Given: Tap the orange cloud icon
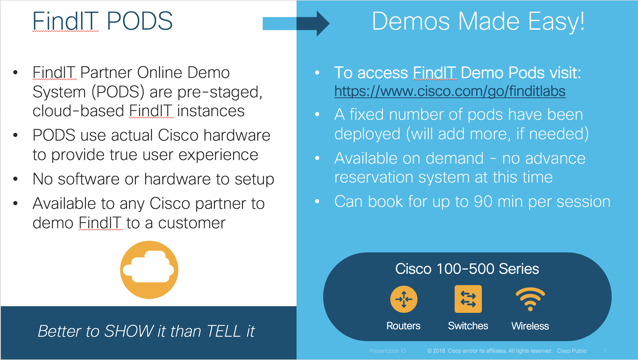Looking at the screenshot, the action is [149, 270].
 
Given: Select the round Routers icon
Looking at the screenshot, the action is [404, 299].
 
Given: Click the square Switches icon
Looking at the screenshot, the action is [468, 299].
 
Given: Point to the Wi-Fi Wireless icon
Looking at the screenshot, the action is [530, 299].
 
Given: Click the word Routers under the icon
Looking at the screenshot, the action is [403, 326].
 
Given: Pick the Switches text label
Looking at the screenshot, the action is [468, 326].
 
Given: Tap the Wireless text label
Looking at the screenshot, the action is [530, 326].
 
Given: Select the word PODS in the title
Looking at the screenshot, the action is [140, 21].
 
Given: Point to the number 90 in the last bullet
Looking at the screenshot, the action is [483, 201].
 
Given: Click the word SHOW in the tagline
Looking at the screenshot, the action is [129, 331].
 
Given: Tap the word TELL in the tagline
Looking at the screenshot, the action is [224, 331].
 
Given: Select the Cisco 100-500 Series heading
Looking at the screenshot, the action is [467, 269].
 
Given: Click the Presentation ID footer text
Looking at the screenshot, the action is [388, 351].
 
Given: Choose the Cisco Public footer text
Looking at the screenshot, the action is [572, 351].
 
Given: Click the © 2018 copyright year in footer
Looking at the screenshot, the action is [436, 351].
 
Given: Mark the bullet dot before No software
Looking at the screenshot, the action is [16, 179].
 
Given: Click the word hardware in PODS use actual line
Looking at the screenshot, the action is [237, 135].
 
